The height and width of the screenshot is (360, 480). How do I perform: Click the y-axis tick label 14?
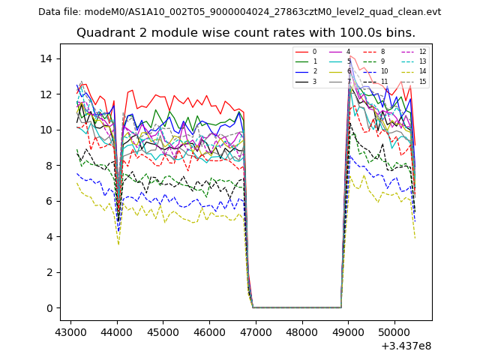pyautogui.click(x=46, y=58)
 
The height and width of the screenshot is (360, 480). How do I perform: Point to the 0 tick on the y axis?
pyautogui.click(x=49, y=308)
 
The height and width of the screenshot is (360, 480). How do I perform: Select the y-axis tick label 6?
pyautogui.click(x=49, y=201)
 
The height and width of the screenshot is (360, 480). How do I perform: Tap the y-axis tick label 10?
pyautogui.click(x=46, y=130)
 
